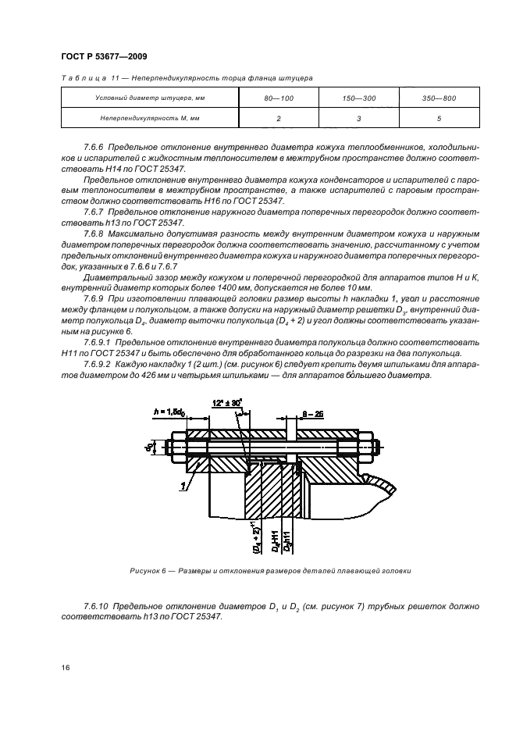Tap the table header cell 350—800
[439, 98]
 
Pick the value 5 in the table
[439, 118]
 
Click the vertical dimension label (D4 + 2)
[254, 538]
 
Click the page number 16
[65, 667]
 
